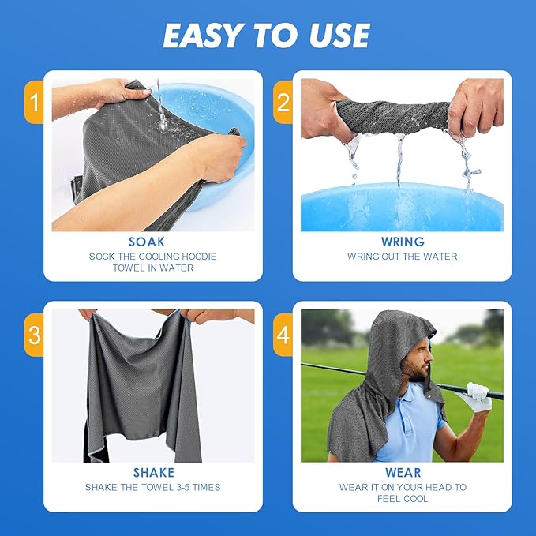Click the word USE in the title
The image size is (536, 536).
[x=339, y=36]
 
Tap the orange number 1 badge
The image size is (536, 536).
[x=34, y=102]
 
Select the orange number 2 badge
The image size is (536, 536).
[x=283, y=102]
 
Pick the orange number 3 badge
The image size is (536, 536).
[x=34, y=335]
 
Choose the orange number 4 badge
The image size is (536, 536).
[x=283, y=335]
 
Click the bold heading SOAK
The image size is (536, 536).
[x=147, y=242]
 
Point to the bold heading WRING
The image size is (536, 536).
[x=403, y=242]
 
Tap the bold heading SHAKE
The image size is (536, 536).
[x=154, y=473]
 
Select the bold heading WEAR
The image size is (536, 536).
[x=403, y=473]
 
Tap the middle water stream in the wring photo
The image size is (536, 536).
[x=399, y=160]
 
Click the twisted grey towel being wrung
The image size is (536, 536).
[x=393, y=116]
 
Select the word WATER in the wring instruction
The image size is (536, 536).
[x=444, y=257]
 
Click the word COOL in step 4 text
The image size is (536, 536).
[x=416, y=499]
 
